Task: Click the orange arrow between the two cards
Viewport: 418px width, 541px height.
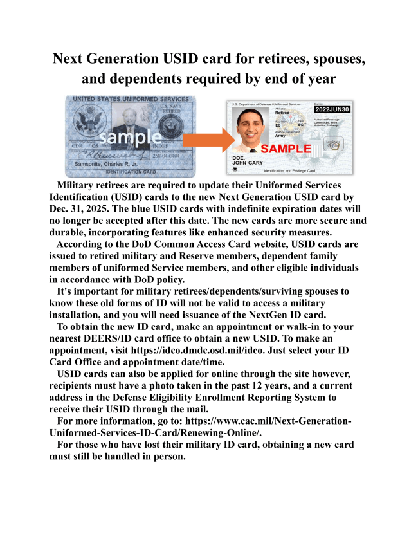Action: pos(206,138)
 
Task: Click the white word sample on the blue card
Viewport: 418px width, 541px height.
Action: pos(130,137)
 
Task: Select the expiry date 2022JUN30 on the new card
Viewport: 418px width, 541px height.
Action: pos(331,109)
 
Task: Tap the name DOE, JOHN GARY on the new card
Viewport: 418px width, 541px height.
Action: pos(248,161)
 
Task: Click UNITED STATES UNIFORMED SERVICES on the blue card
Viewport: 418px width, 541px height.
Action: pos(131,98)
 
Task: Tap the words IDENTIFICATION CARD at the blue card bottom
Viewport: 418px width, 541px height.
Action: pos(131,172)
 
